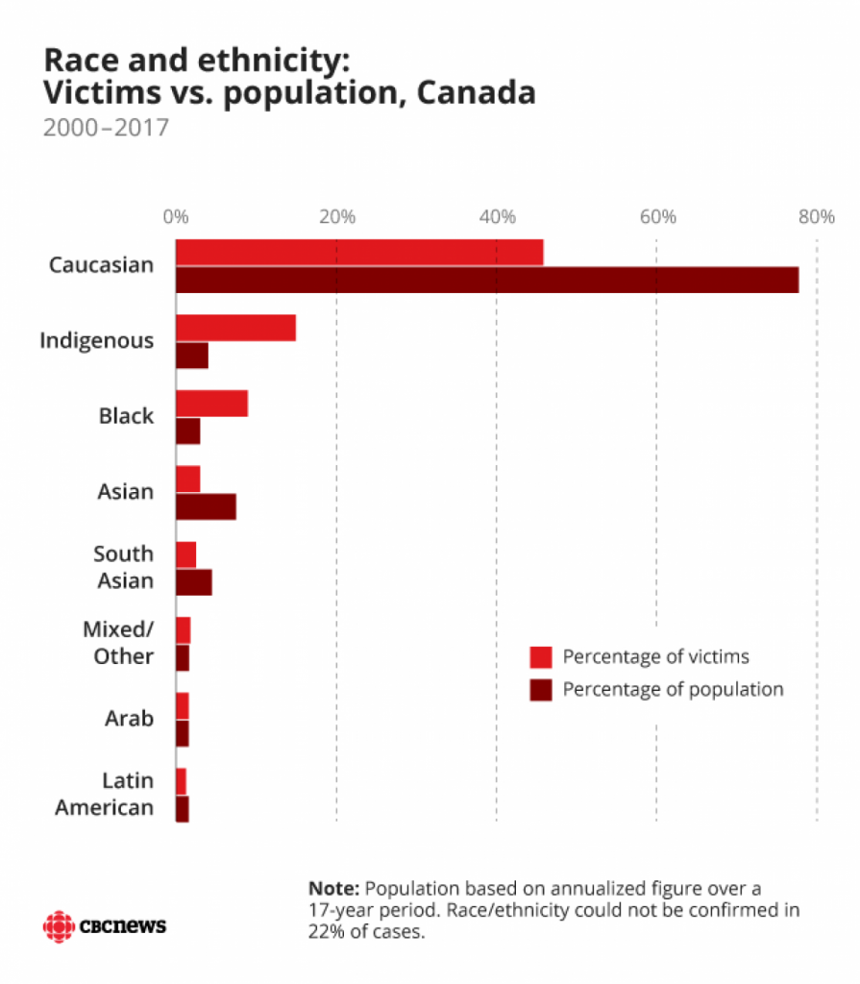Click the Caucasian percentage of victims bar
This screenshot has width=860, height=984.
(359, 252)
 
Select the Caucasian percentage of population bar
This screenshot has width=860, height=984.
(487, 280)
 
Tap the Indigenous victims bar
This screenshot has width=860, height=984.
(235, 328)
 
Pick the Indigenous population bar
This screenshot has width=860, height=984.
(192, 356)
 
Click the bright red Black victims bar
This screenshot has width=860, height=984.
(211, 404)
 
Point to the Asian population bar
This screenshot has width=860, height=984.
(206, 506)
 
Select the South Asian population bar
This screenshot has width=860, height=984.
(194, 582)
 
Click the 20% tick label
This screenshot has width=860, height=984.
(336, 216)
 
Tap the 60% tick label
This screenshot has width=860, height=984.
(657, 216)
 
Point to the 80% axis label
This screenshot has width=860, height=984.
(817, 216)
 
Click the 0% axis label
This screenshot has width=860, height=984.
(175, 216)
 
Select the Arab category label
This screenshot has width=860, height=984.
(129, 719)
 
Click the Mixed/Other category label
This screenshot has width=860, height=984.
(118, 643)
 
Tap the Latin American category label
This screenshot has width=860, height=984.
(105, 794)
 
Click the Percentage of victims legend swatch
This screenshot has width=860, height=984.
(541, 657)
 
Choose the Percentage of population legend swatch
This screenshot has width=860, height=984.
(541, 689)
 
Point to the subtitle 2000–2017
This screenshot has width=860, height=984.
(106, 127)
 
